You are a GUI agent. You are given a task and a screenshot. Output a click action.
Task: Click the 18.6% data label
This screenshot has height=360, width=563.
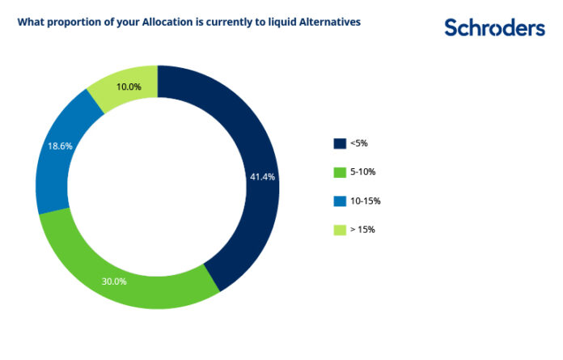pyautogui.click(x=53, y=147)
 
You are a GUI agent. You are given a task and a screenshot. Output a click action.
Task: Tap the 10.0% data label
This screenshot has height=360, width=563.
pyautogui.click(x=129, y=87)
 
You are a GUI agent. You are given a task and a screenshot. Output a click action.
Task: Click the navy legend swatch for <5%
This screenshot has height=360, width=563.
pyautogui.click(x=340, y=144)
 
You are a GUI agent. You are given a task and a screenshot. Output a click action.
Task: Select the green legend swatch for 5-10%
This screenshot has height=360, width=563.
pyautogui.click(x=340, y=172)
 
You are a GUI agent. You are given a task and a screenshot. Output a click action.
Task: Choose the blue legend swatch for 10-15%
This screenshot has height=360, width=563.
pyautogui.click(x=340, y=201)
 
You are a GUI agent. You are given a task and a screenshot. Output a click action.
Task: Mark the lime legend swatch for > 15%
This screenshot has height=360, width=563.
pyautogui.click(x=340, y=230)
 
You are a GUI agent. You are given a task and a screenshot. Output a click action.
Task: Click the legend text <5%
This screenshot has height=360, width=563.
pyautogui.click(x=359, y=144)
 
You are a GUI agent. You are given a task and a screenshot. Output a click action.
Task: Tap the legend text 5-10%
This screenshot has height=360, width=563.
pyautogui.click(x=363, y=172)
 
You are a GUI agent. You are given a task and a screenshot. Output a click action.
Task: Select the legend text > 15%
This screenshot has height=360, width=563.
pyautogui.click(x=362, y=230)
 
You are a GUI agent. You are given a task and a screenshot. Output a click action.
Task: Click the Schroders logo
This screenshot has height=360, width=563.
pyautogui.click(x=494, y=28)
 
